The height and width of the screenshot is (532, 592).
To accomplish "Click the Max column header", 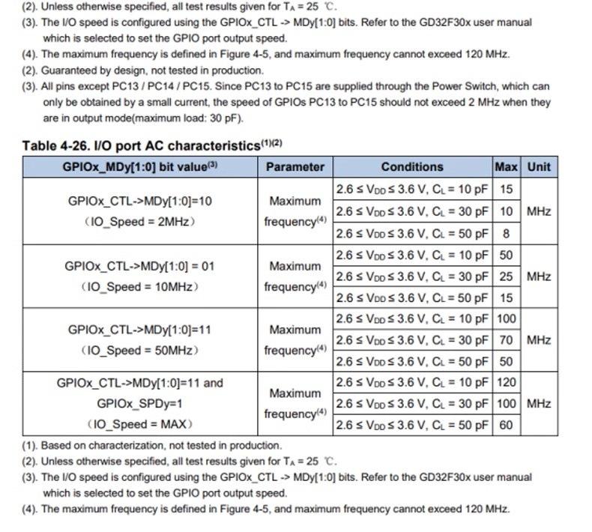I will point(507,167).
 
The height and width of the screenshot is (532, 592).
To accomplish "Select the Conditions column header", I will point(411,167).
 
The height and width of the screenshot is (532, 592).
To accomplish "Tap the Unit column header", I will point(538,167).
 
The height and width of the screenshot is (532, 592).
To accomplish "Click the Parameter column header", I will point(295,167).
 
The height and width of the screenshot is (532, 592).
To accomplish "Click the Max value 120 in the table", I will point(507,383).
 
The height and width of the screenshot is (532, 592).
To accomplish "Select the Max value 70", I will point(507,340).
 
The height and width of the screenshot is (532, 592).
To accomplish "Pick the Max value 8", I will point(507,233).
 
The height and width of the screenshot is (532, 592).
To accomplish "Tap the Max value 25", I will point(507,276).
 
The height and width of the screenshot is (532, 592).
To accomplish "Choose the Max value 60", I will point(507,426).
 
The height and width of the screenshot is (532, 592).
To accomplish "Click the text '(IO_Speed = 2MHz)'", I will point(139,221).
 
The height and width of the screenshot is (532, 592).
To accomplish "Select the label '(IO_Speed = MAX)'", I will point(139,424).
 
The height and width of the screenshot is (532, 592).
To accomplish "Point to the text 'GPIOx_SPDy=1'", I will point(139,404).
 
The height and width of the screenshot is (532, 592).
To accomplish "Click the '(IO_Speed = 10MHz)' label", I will point(139,286).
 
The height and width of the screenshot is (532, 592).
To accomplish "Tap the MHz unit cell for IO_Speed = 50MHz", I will point(538,340).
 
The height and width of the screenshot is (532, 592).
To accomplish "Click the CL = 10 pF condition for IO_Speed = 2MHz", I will point(411,190).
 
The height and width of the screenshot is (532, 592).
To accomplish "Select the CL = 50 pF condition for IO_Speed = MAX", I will point(411,426).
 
